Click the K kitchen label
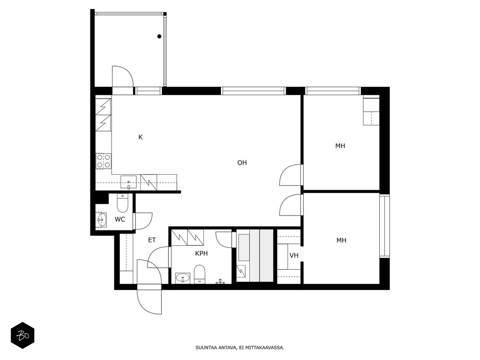click(x=140, y=137)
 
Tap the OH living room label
click(x=242, y=162)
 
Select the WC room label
click(x=120, y=219)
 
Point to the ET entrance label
click(x=152, y=240)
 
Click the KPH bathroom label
click(x=202, y=253)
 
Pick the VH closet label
click(x=294, y=255)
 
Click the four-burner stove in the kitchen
click(x=103, y=161)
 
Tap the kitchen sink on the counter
click(x=129, y=183)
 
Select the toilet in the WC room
click(x=123, y=203)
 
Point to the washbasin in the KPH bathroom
click(x=183, y=279)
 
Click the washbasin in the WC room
click(x=101, y=220)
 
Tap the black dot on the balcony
click(x=159, y=36)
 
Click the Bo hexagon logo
click(x=22, y=336)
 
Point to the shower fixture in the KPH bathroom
click(x=221, y=281)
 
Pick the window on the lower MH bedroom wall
click(x=385, y=225)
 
